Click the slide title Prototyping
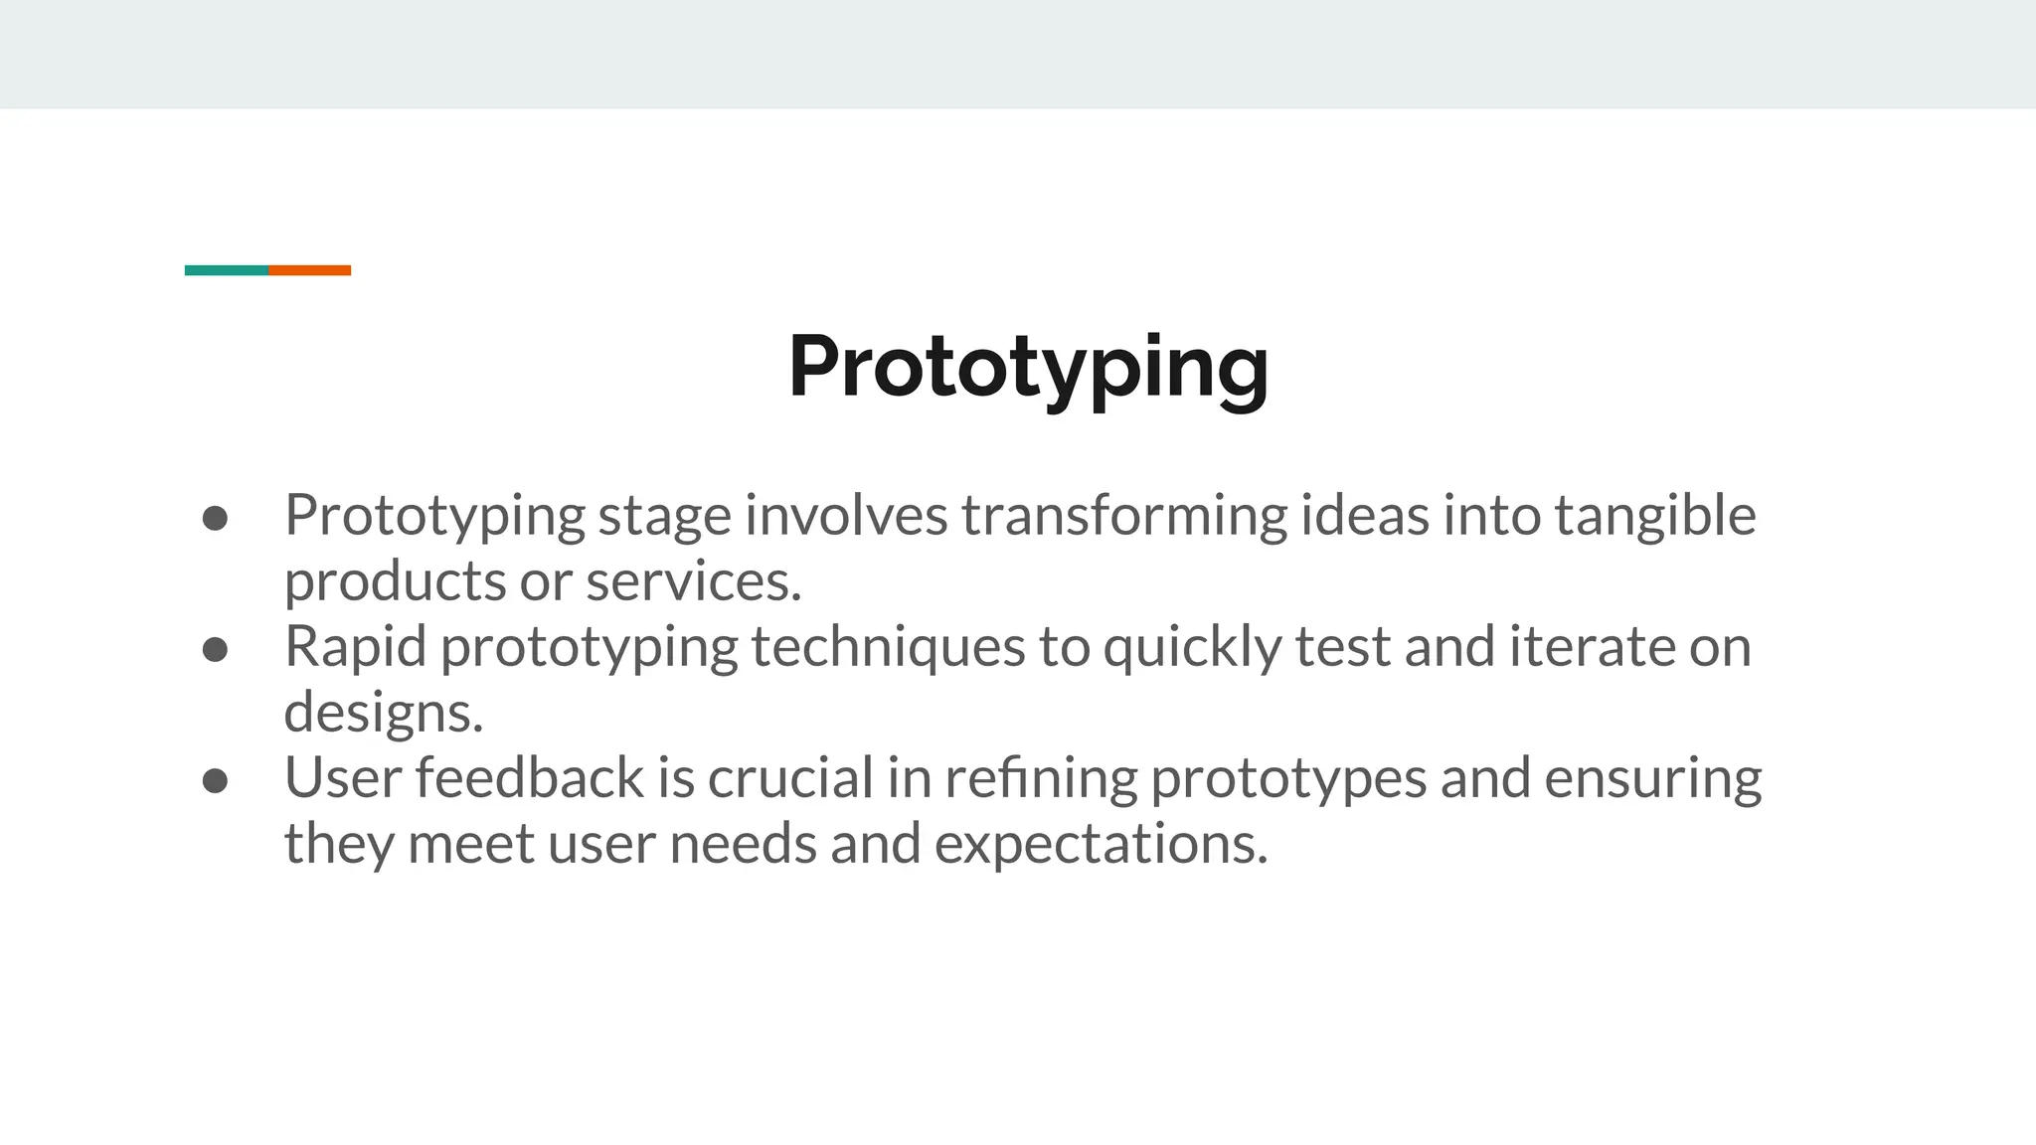pos(1028,367)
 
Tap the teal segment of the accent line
pos(226,270)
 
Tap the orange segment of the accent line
pos(309,270)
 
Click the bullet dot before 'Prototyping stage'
pos(215,518)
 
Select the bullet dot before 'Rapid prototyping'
pos(215,649)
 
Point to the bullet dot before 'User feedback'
pos(215,780)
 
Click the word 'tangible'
pos(1654,517)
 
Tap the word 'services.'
pos(693,581)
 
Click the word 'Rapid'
pos(355,648)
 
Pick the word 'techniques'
pos(888,648)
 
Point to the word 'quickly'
pos(1192,648)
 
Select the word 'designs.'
pos(383,713)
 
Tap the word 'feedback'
pos(529,778)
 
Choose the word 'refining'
pos(1041,778)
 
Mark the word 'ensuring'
pos(1652,780)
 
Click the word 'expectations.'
pos(1101,845)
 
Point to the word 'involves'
pos(846,517)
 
